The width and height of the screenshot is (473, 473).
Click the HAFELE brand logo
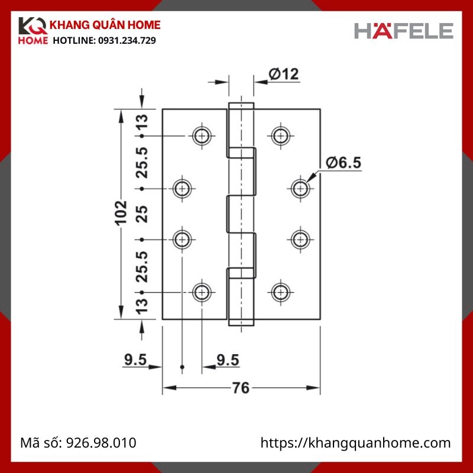(x=404, y=30)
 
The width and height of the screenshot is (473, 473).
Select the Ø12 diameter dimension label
(x=283, y=74)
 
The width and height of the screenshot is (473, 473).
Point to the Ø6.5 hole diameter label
(x=343, y=161)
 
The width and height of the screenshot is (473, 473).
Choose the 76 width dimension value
(x=240, y=388)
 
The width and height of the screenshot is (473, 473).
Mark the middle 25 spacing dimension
(x=142, y=214)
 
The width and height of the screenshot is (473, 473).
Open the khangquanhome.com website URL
(x=356, y=443)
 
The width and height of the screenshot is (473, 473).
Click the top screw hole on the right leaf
(x=280, y=136)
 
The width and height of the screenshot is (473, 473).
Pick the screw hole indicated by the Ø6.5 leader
(x=301, y=188)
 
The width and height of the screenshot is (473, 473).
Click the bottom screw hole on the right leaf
(x=280, y=291)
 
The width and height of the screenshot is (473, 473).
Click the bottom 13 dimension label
(x=142, y=306)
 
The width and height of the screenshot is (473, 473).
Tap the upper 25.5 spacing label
(x=142, y=163)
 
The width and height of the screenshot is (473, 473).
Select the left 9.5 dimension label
(x=135, y=359)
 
